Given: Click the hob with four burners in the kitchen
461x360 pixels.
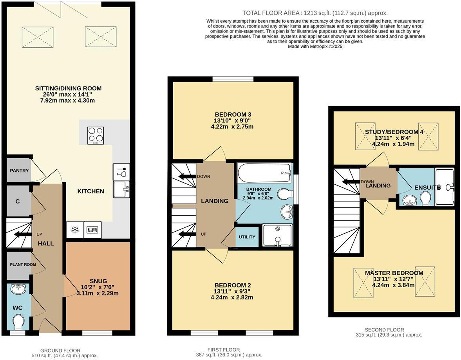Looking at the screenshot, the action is (96, 135).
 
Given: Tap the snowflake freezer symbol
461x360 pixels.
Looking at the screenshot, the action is (75, 230).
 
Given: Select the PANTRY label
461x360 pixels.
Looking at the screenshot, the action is (20, 171).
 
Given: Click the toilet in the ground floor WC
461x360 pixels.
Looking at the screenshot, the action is (18, 322).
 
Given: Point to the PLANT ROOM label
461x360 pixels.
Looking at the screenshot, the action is (23, 265).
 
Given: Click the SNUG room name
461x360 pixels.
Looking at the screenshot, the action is (98, 281).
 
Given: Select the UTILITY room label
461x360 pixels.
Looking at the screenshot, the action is (247, 237).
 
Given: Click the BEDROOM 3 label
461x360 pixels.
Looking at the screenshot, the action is (233, 115).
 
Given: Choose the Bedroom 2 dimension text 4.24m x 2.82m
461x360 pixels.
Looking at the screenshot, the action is (232, 297).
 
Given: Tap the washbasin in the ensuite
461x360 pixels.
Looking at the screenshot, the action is (409, 201).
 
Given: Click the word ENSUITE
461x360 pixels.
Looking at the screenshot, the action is (427, 188).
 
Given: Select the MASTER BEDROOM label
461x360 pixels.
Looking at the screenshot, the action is (394, 273).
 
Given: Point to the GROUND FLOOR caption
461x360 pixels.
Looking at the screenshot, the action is (60, 351).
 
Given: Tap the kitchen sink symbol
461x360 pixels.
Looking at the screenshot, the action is (121, 189).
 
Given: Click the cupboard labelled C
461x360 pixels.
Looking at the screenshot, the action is (18, 202).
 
